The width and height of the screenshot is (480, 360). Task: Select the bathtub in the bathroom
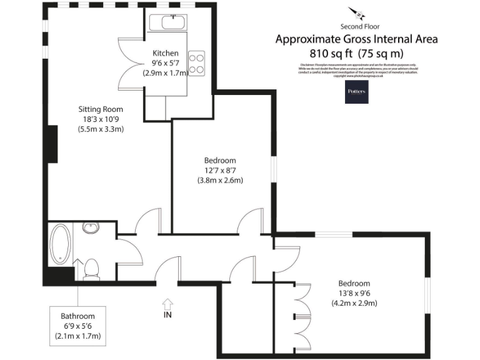tap(61, 244)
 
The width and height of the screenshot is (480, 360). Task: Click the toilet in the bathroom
tap(91, 268)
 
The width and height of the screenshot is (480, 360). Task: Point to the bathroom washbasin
tap(91, 227)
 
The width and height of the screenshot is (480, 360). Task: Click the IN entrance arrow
tap(167, 304)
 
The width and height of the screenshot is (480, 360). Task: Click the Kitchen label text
tap(166, 53)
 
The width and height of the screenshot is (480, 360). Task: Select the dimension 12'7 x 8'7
tap(219, 170)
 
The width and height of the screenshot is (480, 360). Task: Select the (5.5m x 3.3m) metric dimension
tap(101, 129)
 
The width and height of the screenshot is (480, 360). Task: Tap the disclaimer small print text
tap(358, 70)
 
